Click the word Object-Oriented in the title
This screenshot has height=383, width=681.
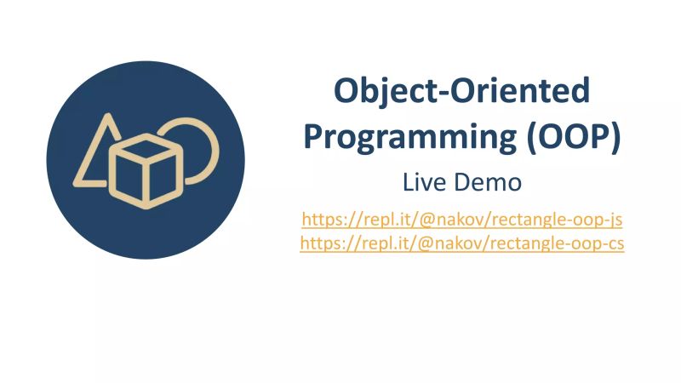click(461, 90)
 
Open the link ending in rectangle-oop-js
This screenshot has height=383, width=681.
click(462, 220)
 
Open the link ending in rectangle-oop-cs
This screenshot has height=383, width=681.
click(462, 243)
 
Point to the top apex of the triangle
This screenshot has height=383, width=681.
click(106, 117)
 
